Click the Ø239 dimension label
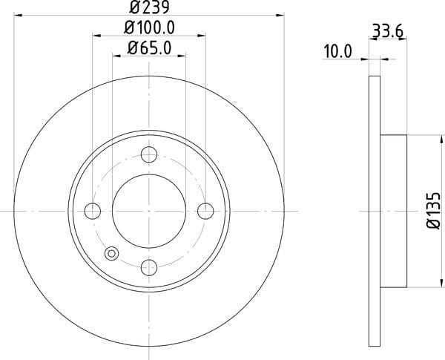149,7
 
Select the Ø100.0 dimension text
149,28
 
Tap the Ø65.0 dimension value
149,48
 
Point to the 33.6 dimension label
388,31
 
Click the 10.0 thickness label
337,51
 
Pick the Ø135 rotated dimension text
433,211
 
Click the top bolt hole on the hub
149,154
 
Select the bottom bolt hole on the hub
149,267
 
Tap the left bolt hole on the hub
93,211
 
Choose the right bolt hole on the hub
205,211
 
